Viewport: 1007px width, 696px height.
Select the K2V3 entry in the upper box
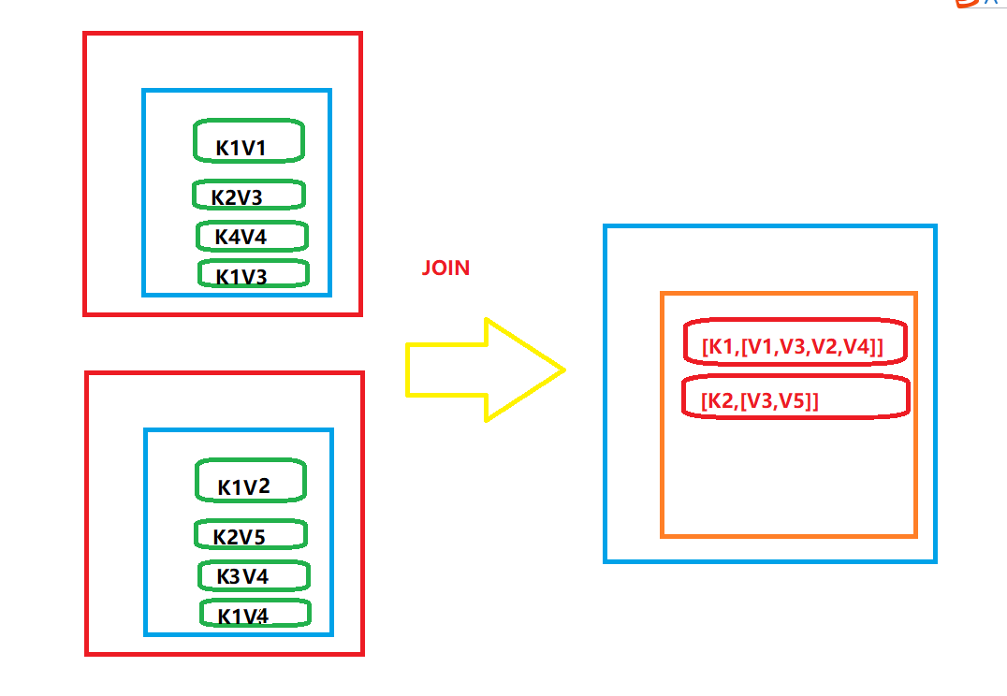pos(249,196)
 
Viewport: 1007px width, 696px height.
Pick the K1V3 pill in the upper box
pos(253,274)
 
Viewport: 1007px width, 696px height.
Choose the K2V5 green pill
pos(250,535)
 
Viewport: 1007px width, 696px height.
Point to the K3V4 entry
pos(253,575)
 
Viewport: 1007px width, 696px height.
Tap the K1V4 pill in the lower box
pos(254,614)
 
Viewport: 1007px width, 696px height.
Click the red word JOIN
pos(445,268)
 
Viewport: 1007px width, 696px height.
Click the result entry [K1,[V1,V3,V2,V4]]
pos(795,345)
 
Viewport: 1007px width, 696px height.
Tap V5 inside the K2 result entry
pos(796,401)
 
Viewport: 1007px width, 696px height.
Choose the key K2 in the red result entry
pos(719,401)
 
